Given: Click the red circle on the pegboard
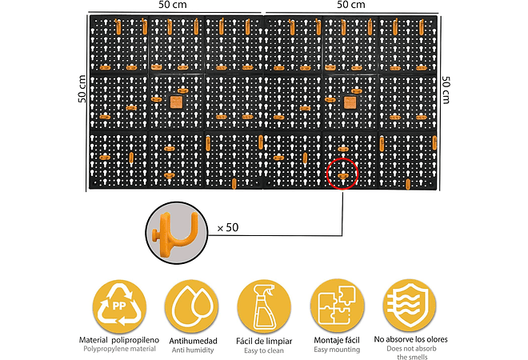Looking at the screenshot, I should click(342, 173).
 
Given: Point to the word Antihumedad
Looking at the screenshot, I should click(192, 340).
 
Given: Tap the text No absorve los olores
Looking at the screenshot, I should click(410, 340).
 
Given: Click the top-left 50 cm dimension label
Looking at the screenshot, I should click(174, 6).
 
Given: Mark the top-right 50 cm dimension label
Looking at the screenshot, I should click(353, 6).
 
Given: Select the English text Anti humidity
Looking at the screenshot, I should click(192, 350).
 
